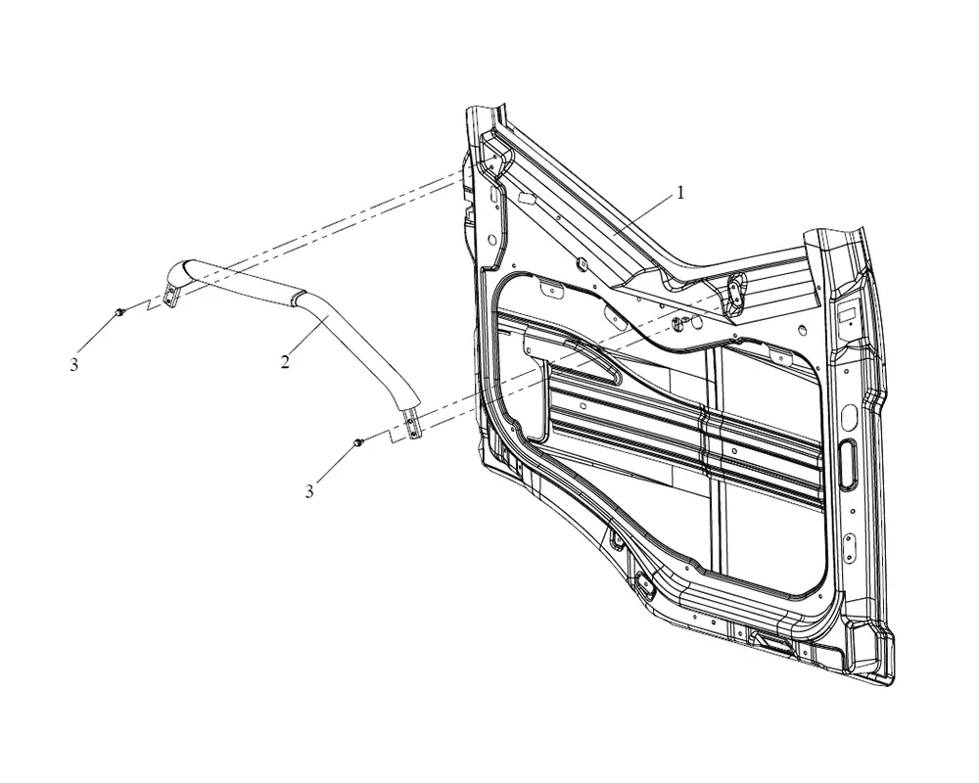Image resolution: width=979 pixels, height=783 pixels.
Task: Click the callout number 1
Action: pyautogui.click(x=680, y=193)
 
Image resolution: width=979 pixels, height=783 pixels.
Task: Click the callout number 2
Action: pyautogui.click(x=285, y=361)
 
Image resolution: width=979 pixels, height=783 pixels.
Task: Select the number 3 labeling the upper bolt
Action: pyautogui.click(x=74, y=365)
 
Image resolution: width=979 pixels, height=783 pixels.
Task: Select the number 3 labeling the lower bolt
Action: pyautogui.click(x=309, y=492)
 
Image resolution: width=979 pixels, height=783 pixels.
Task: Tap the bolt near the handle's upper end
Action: pyautogui.click(x=118, y=311)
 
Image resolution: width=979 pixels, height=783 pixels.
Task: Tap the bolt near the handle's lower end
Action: pyautogui.click(x=357, y=442)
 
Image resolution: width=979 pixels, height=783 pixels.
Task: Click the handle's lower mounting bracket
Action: pyautogui.click(x=412, y=424)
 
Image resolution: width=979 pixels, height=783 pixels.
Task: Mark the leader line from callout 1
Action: pyautogui.click(x=643, y=216)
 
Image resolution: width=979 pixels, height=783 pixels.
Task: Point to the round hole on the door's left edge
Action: pyautogui.click(x=492, y=240)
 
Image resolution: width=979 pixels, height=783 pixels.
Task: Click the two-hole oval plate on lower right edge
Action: pyautogui.click(x=848, y=542)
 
